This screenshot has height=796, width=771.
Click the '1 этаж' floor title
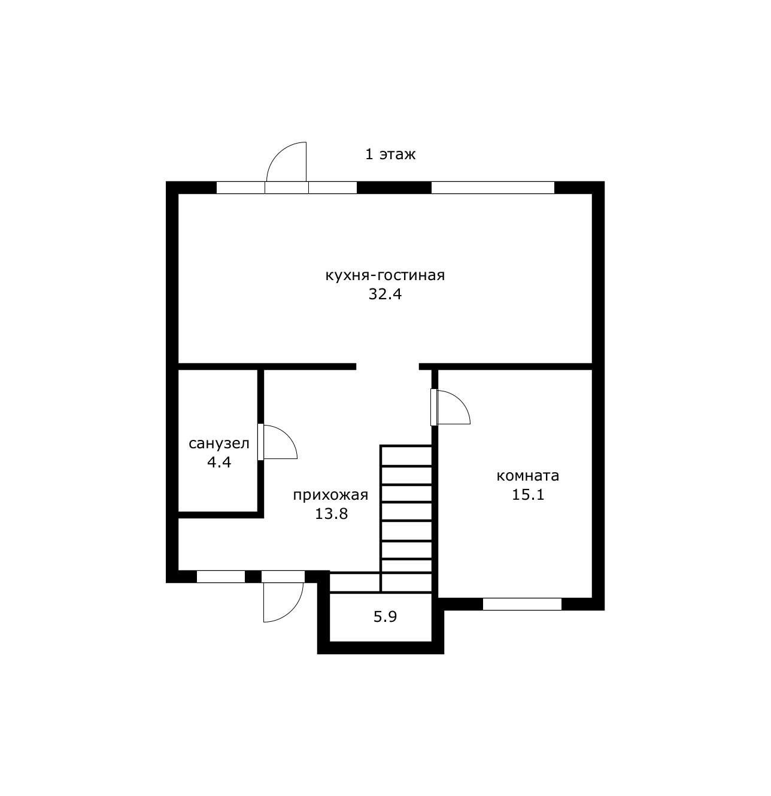390,154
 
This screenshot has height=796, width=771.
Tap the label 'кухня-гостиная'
385,275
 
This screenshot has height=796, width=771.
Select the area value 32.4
385,294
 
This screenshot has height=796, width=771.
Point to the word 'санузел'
219,443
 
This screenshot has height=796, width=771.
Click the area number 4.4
219,462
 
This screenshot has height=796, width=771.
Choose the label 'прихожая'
330,496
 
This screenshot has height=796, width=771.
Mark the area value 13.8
331,514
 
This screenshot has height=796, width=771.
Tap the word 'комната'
527,476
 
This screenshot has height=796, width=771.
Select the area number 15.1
528,495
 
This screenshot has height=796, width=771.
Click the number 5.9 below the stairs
385,616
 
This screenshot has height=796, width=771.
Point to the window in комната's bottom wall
522,604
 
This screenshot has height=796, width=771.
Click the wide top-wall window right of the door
493,187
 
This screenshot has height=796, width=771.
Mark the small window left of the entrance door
221,576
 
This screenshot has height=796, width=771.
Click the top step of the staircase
406,455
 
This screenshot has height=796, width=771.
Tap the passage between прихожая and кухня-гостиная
387,366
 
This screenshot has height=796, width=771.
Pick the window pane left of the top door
241,187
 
